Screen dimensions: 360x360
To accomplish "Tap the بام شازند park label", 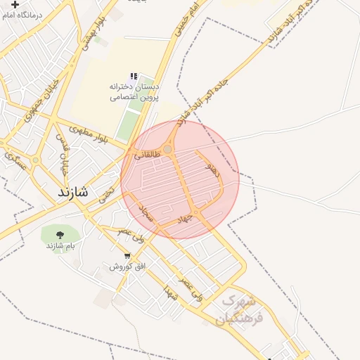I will pos(60,245).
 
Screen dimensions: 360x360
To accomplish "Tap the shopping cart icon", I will pos(127,256).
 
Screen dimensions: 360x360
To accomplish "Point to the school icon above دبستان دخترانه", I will pos(132,76).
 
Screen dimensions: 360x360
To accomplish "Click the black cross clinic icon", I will pos(15,4).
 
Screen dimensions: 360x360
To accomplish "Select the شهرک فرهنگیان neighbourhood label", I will pos(241,309).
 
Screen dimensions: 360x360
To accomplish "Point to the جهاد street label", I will pos(184,219).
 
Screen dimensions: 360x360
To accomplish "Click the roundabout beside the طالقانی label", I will pos(168,149).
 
